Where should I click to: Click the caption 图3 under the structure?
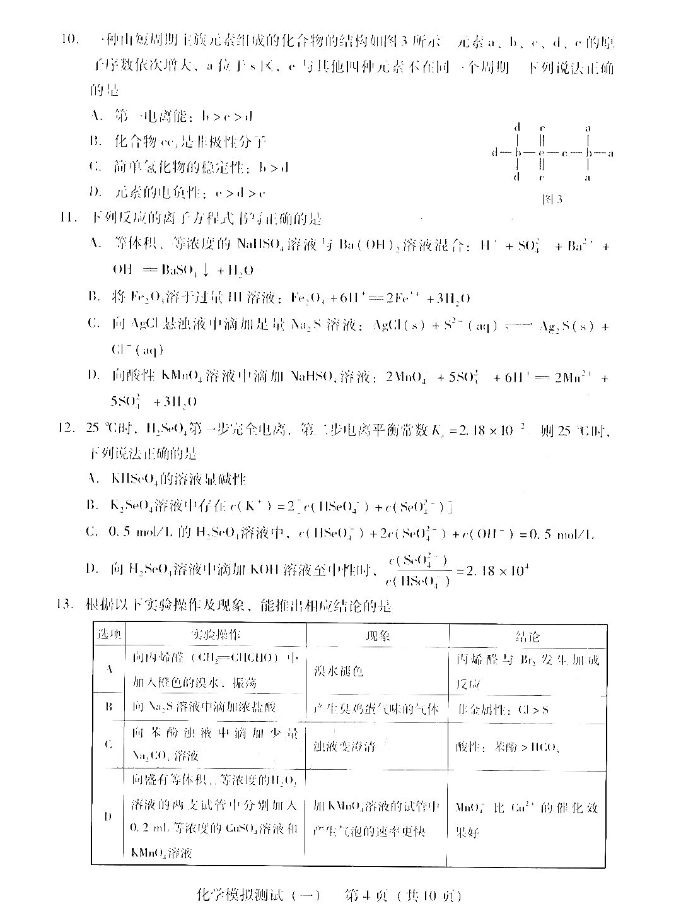point(552,200)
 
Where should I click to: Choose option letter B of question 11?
point(96,296)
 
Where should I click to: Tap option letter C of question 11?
point(95,324)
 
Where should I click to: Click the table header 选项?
point(108,635)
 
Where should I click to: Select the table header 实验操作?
point(216,635)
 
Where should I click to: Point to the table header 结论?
point(527,636)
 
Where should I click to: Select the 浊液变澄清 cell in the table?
point(345,746)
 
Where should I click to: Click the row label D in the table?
point(108,816)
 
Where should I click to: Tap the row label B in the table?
point(108,707)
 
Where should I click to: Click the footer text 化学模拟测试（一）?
point(250,895)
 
